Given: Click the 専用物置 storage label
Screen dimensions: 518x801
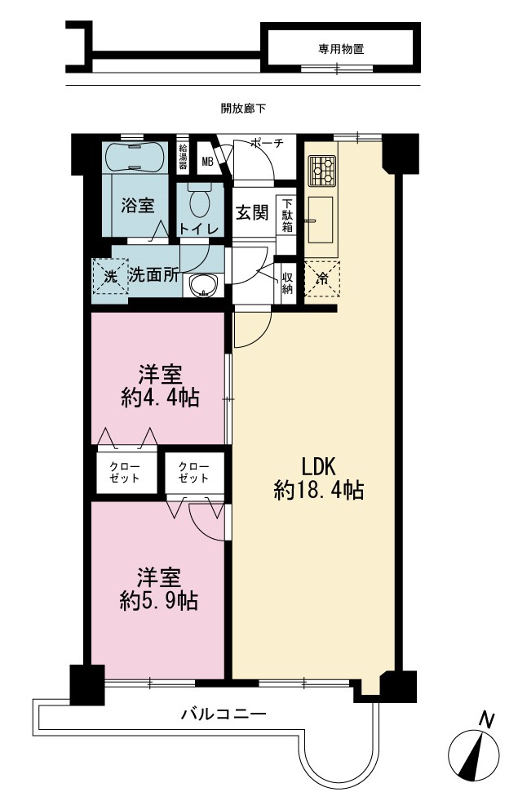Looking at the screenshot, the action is [341, 49].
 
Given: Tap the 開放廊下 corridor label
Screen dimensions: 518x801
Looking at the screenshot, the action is [243, 109].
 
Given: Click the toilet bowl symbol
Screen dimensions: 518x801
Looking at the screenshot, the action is [200, 202].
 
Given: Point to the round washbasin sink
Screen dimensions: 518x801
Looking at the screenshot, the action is [203, 285].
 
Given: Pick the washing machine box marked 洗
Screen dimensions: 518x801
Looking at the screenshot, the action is [110, 276].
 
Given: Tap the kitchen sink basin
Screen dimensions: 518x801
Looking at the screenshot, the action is [321, 220].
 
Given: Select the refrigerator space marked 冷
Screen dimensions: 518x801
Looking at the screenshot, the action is [321, 279].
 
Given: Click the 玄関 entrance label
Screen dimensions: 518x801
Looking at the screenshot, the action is [252, 212].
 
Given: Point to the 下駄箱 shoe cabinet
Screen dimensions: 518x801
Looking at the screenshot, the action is [287, 215].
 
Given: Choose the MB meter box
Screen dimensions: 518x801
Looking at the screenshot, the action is [207, 162].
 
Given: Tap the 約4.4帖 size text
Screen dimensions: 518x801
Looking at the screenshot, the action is [160, 397].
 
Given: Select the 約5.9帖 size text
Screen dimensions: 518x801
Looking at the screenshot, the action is [159, 600].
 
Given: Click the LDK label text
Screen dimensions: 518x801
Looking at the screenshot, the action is [318, 466].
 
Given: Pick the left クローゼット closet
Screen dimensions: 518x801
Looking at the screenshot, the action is [126, 473].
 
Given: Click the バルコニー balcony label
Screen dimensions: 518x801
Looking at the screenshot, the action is [224, 714].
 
